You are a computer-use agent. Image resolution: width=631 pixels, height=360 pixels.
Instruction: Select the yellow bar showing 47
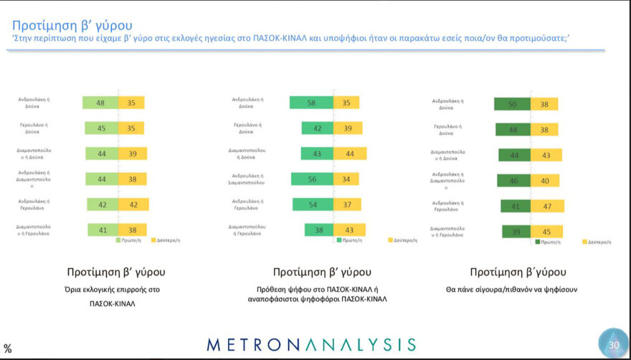(x=547, y=206)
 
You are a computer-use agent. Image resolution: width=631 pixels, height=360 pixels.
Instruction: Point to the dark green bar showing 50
(x=512, y=104)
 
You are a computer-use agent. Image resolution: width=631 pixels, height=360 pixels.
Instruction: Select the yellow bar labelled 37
(x=346, y=204)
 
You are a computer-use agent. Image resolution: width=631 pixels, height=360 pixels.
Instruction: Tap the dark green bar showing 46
(x=513, y=180)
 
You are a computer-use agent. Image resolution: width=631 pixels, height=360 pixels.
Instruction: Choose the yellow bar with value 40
(x=545, y=180)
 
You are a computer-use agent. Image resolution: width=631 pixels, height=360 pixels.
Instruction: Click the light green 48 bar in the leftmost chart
(x=100, y=103)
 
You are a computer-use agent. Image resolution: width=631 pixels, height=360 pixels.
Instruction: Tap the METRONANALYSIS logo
(x=311, y=344)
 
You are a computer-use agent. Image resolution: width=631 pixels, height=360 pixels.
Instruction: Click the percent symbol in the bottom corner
(x=8, y=349)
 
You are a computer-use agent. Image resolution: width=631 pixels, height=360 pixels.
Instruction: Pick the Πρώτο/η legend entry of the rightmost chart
(x=548, y=242)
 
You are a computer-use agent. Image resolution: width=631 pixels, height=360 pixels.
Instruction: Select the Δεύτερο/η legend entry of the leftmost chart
(x=165, y=240)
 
